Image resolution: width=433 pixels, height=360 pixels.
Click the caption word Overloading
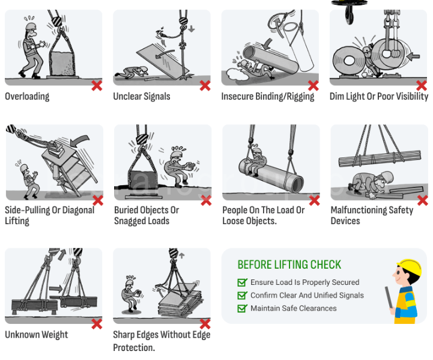point(27,96)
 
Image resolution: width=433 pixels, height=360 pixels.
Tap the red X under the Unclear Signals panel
point(205,86)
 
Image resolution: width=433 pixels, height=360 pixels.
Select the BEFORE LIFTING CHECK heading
point(289,264)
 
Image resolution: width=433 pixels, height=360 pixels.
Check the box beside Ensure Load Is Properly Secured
point(242,282)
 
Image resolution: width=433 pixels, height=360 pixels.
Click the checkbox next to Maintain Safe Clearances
point(242,308)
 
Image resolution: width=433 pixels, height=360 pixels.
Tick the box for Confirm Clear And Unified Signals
point(242,295)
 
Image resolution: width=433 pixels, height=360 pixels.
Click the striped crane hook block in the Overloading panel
point(57,21)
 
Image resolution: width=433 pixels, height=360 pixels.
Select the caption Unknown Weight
point(36,335)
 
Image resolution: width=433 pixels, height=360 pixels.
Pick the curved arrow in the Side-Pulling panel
point(79,141)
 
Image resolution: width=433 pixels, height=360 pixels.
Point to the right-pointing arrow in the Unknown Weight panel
point(56,289)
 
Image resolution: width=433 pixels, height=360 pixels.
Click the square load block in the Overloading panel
point(62,64)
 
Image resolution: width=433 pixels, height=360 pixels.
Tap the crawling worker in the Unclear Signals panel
point(132,72)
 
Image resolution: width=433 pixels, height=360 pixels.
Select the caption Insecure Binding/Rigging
point(268,96)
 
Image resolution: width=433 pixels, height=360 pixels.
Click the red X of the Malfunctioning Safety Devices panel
point(423,201)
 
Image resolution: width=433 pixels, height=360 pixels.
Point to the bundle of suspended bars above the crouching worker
point(380,159)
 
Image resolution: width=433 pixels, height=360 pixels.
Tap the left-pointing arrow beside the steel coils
point(413,56)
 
